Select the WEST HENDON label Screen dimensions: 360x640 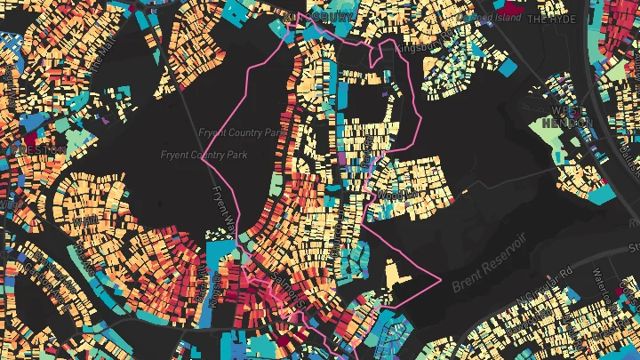click(566, 117)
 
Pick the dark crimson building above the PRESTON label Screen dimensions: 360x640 click(30, 138)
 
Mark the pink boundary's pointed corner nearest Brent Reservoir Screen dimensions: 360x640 click(441, 278)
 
